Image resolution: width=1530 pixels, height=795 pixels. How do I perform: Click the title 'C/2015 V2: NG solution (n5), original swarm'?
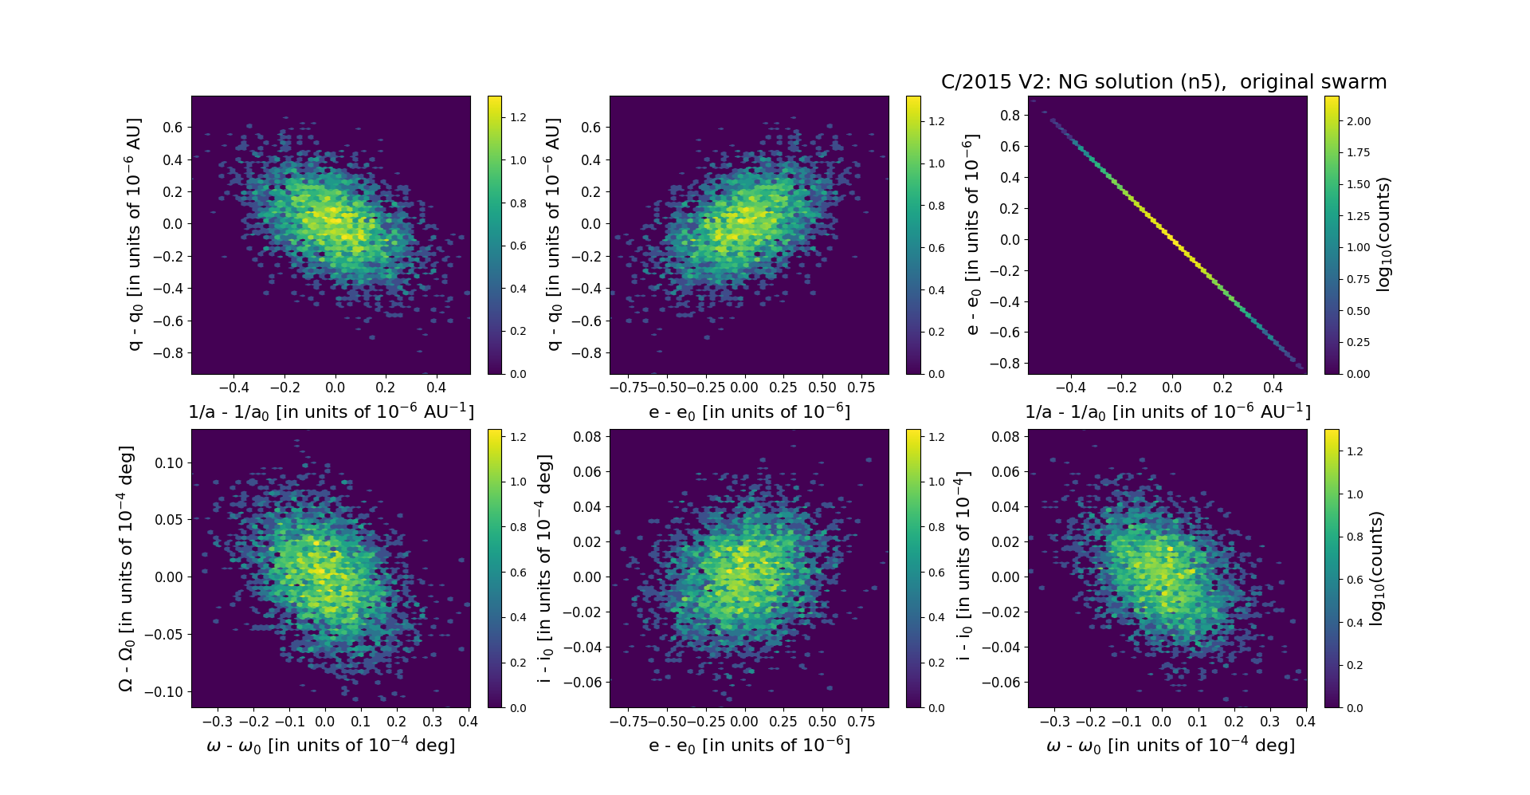pos(1163,82)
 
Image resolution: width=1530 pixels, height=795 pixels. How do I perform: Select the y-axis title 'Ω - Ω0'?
pos(126,569)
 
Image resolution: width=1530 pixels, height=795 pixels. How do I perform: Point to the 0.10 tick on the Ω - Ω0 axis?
pos(167,462)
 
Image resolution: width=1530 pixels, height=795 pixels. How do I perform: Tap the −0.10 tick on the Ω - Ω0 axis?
pos(163,691)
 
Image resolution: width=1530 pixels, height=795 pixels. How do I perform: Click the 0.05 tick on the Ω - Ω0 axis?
pos(167,520)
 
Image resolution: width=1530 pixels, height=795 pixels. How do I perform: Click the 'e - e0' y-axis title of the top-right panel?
pos(971,234)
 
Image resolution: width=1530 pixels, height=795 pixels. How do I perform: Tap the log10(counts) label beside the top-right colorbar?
pos(1383,234)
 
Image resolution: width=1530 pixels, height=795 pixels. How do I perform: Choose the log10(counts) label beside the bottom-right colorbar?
pos(1376,569)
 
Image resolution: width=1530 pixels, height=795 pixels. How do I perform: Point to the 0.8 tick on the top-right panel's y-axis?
pos(1010,116)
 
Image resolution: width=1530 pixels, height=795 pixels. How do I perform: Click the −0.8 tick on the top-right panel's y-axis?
pos(1006,363)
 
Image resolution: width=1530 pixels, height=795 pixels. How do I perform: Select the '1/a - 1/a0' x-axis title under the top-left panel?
pos(331,412)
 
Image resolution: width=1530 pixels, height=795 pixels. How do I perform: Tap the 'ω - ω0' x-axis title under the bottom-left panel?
pos(331,746)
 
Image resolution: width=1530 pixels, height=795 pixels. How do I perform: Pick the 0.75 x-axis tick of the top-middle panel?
pos(861,388)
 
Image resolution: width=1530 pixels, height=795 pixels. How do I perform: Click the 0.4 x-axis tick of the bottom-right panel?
pos(1305,722)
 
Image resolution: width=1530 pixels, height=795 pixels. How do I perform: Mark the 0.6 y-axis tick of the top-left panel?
pos(173,128)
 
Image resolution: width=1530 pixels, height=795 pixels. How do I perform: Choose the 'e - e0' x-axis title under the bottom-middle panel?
pos(749,746)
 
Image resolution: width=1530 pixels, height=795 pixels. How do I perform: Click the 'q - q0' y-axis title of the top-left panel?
pos(134,234)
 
